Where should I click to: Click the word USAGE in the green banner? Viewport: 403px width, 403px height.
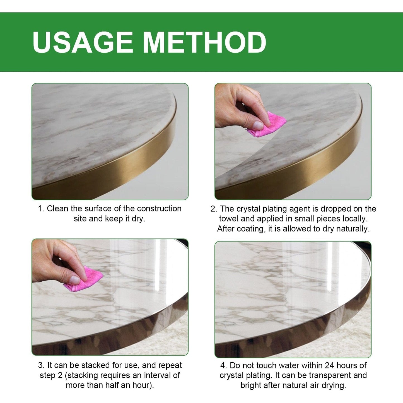83,42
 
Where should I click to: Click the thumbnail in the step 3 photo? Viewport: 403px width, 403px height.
75,279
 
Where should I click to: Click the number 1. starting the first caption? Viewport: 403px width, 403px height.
41,209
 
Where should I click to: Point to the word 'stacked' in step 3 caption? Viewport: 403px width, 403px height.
96,365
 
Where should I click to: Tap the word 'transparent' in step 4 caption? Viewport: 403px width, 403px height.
330,375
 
